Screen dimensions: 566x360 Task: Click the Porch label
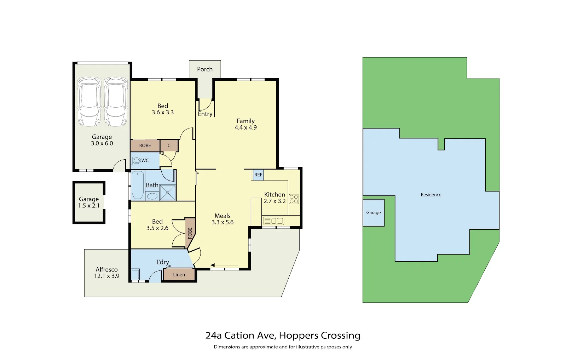[x=205, y=69]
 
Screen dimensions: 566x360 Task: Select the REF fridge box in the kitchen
[x=258, y=175]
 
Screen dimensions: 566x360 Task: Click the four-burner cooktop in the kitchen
[x=294, y=199]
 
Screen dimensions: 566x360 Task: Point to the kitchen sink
[x=274, y=221]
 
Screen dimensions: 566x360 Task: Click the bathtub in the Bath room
[x=138, y=185]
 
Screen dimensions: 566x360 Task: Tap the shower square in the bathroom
[x=168, y=193]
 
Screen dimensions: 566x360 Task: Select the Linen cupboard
[x=179, y=275]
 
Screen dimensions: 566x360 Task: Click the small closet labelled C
[x=169, y=145]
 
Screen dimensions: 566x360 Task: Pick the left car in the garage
[x=89, y=102]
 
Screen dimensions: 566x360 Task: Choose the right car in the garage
[x=116, y=102]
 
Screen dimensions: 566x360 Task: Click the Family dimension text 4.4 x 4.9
[x=246, y=127]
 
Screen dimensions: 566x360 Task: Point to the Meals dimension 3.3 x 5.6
[x=223, y=222]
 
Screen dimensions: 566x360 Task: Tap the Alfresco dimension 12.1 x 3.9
[x=106, y=276]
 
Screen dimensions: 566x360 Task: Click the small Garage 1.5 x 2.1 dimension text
[x=89, y=206]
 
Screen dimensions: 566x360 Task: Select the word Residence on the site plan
[x=431, y=195]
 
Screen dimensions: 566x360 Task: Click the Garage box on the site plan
[x=374, y=213]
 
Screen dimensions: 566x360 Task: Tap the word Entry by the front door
[x=205, y=114]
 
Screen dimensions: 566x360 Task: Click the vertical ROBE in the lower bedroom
[x=190, y=233]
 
